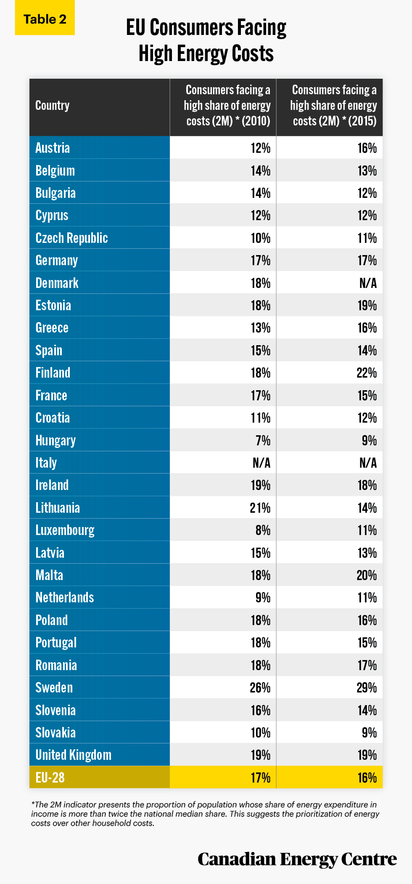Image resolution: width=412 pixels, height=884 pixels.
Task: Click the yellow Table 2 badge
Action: [45, 18]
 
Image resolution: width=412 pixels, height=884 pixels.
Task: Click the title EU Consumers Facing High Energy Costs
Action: [206, 40]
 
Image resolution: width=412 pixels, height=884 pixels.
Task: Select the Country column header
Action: [52, 105]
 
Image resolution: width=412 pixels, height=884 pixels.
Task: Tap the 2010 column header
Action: [227, 105]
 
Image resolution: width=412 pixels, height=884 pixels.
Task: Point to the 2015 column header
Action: [333, 105]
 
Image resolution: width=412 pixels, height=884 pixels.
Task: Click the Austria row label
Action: [53, 148]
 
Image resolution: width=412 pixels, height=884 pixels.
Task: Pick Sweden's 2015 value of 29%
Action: [367, 687]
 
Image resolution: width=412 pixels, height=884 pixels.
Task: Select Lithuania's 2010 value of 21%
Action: [260, 508]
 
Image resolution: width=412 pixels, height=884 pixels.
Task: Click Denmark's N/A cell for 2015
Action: [368, 283]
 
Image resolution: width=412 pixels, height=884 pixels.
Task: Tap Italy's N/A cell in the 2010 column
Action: [261, 463]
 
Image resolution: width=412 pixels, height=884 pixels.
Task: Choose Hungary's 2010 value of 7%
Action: [263, 440]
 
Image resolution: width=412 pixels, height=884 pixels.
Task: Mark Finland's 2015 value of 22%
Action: [367, 373]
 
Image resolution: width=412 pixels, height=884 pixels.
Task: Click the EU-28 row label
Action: [50, 777]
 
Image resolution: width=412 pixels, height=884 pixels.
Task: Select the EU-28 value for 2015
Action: [367, 777]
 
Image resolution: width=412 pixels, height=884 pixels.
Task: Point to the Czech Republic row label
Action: [71, 238]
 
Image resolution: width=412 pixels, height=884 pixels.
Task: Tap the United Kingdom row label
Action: [74, 755]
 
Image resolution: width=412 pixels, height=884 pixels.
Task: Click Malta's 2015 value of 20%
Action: [367, 575]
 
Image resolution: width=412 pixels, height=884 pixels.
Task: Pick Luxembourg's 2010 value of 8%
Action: [263, 530]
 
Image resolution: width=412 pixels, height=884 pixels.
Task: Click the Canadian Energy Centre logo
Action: [297, 859]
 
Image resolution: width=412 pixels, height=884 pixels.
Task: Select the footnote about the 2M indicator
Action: [205, 814]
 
